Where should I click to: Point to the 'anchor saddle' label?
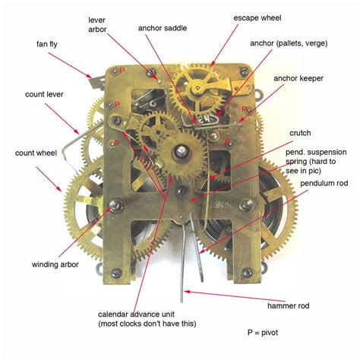click(163, 28)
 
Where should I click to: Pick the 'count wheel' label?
click(34, 153)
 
